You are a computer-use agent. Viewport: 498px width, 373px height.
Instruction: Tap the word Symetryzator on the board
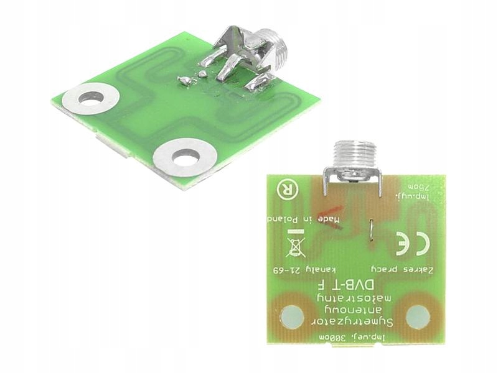[x=353, y=322]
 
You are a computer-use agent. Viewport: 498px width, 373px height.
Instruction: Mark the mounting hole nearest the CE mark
[x=418, y=317]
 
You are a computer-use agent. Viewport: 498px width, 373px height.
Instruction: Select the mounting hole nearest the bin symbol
[x=291, y=318]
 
